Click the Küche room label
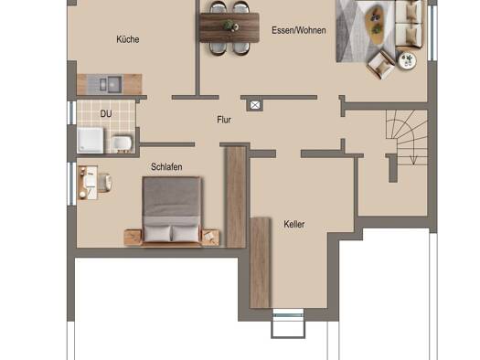click(x=128, y=39)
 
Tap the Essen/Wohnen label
click(x=298, y=30)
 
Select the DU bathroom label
click(x=106, y=114)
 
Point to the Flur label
click(x=224, y=120)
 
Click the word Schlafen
click(x=166, y=166)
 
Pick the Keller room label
click(x=293, y=224)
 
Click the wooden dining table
click(x=229, y=27)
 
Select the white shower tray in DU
click(x=91, y=140)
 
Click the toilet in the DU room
click(x=123, y=144)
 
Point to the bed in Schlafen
click(x=172, y=211)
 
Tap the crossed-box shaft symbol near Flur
click(x=255, y=105)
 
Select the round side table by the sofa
click(x=408, y=60)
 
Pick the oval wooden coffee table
click(x=375, y=21)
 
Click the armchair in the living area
click(x=381, y=65)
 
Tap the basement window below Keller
click(x=288, y=313)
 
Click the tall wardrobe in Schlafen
click(x=236, y=196)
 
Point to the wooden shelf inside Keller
click(x=261, y=262)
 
